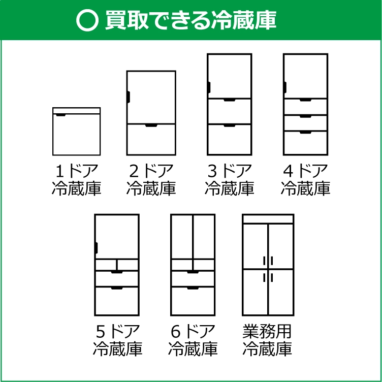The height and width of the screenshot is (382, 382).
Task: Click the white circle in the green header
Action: [x=87, y=20]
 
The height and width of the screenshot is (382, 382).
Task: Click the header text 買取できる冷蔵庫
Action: [x=191, y=20]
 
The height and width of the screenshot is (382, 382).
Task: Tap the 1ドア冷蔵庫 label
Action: [x=77, y=179]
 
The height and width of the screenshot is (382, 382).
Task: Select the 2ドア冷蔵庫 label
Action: [x=151, y=179]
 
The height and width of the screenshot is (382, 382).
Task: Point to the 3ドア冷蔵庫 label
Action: [x=229, y=179]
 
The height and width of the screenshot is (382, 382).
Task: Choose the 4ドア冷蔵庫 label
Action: [x=305, y=179]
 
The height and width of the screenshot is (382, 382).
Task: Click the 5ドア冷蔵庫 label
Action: [x=117, y=340]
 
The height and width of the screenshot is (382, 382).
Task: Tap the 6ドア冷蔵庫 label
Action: [x=193, y=340]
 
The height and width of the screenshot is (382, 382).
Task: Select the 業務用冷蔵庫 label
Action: [x=267, y=340]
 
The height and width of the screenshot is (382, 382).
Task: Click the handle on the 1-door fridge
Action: [x=60, y=115]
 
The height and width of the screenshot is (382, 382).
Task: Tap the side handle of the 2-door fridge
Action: [x=128, y=97]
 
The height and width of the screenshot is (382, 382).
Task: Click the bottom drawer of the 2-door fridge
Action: [x=151, y=139]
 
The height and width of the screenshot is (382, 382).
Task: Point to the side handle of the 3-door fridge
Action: [x=209, y=87]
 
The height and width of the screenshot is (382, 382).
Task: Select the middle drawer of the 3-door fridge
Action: [x=229, y=112]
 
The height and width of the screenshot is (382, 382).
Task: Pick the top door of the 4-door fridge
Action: [x=305, y=77]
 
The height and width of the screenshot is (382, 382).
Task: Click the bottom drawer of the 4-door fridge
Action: [x=305, y=143]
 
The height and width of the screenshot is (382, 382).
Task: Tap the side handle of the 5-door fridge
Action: [x=96, y=248]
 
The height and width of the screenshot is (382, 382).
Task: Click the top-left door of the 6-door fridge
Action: [x=182, y=237]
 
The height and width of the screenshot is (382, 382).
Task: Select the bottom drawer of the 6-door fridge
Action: [x=193, y=301]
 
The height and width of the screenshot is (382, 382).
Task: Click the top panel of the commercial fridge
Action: [x=268, y=219]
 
